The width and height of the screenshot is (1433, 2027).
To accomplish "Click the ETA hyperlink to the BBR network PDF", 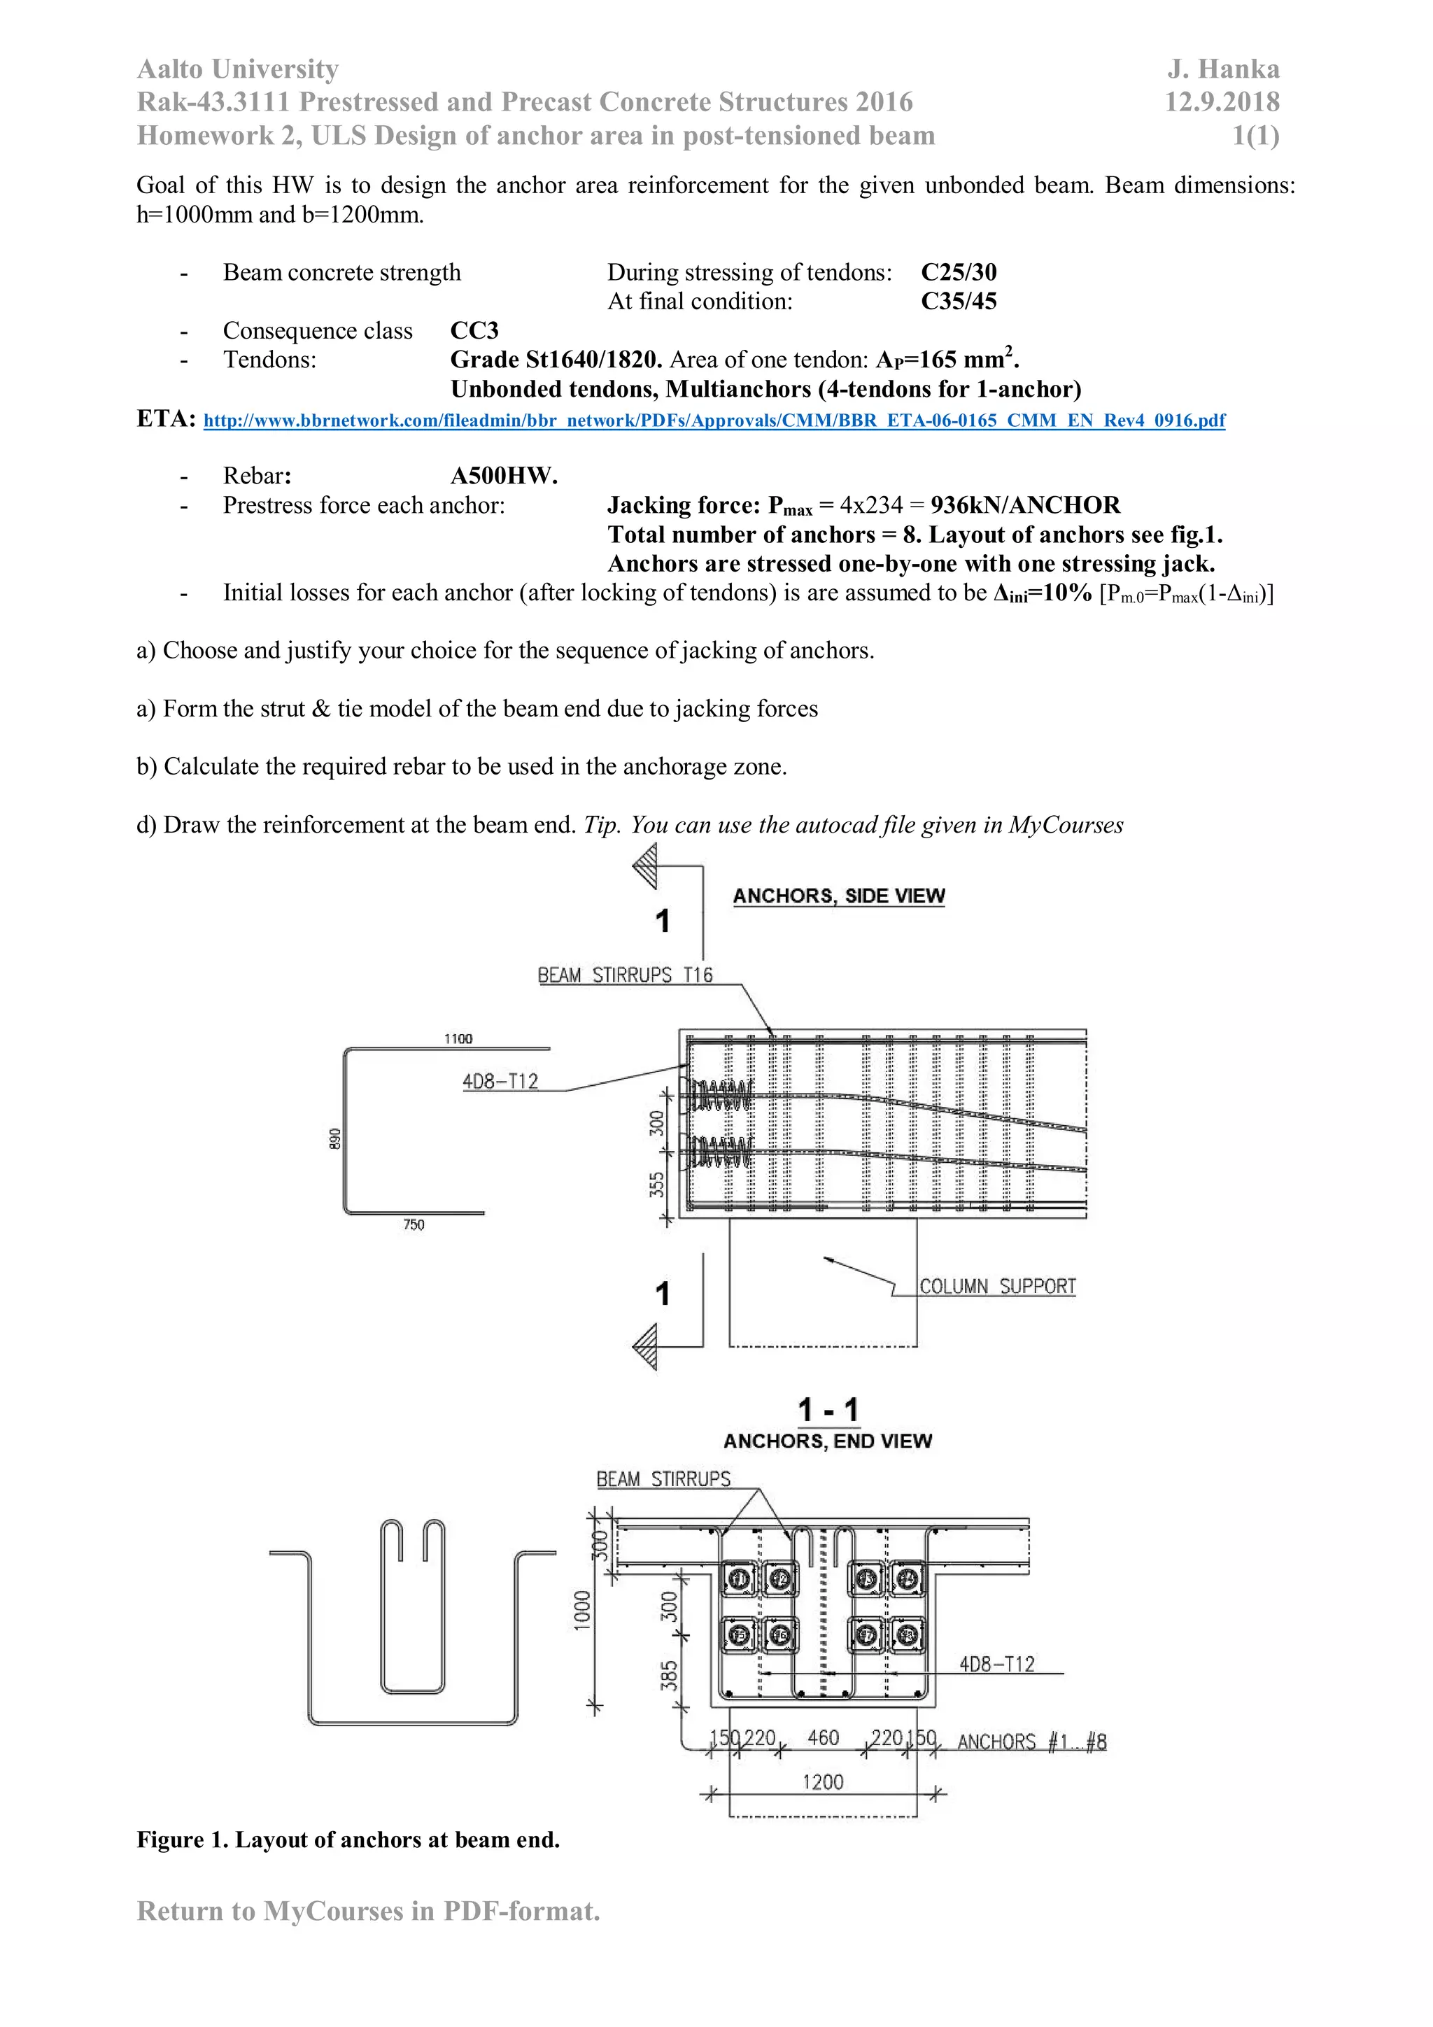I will click(x=714, y=421).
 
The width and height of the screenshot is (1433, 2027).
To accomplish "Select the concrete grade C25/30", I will click(x=958, y=272).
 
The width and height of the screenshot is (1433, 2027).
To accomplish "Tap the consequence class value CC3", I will click(x=474, y=330).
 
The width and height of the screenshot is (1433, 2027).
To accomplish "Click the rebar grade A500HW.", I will click(x=503, y=476).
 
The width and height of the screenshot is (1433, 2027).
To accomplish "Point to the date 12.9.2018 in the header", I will click(x=1221, y=102).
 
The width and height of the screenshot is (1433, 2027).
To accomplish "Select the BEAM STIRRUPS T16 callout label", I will click(x=624, y=975).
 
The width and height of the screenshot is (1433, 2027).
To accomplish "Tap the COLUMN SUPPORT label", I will click(x=997, y=1285).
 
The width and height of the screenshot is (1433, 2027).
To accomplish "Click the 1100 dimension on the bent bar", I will click(x=458, y=1038).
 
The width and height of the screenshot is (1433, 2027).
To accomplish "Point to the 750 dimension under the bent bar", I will click(x=414, y=1224).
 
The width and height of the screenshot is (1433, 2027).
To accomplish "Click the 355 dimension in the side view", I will click(x=657, y=1184).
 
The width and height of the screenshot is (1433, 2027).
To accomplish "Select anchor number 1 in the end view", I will click(x=739, y=1579).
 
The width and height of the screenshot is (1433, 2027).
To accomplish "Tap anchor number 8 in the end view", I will click(x=907, y=1635).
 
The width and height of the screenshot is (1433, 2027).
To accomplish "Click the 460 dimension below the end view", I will click(x=823, y=1737).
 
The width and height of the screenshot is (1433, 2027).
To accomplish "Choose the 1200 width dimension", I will click(x=823, y=1781).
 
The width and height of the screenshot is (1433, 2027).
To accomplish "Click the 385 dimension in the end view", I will click(x=669, y=1675).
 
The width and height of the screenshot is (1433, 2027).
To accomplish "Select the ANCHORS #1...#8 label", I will click(x=1031, y=1741).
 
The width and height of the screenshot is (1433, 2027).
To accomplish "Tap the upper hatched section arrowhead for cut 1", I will click(x=645, y=866).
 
